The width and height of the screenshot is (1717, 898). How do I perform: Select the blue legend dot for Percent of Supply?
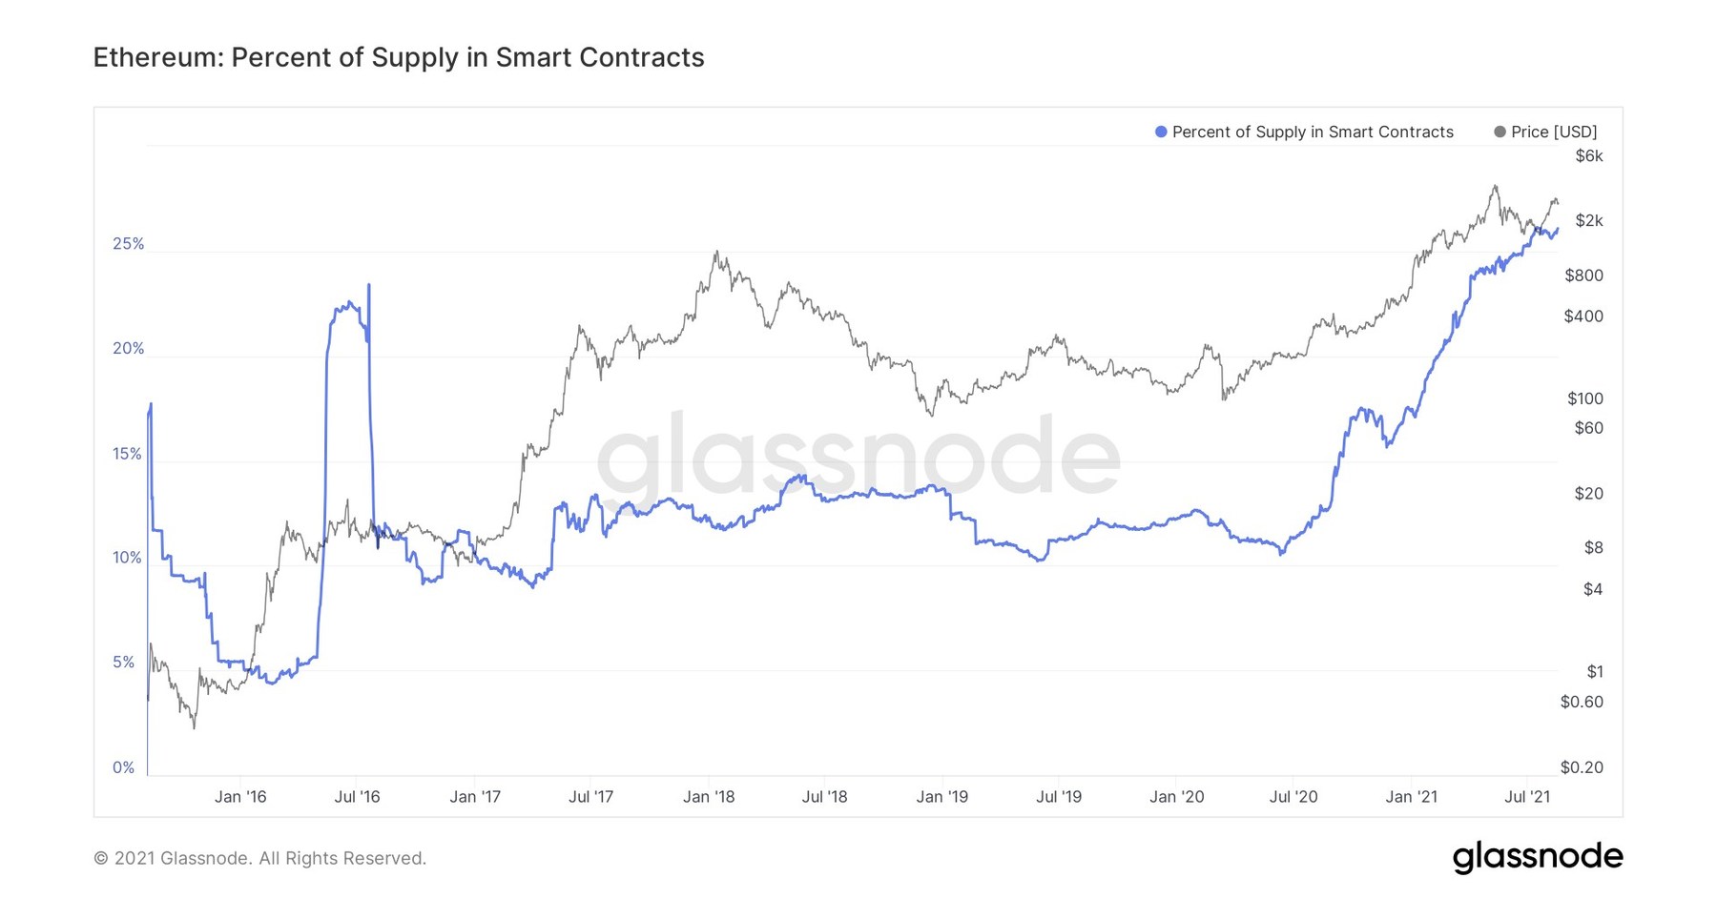[1161, 133]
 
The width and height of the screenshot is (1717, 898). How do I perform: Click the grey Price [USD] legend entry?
[1544, 133]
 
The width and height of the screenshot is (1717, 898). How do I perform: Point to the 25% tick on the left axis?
[128, 244]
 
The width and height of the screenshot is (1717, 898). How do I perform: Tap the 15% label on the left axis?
[127, 454]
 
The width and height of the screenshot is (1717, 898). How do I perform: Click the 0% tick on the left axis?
[124, 767]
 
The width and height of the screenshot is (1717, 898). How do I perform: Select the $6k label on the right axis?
[1588, 155]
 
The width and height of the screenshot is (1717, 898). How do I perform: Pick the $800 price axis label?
[1583, 276]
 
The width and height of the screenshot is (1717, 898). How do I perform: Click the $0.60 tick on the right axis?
[1581, 702]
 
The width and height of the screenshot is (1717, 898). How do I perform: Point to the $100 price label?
[1584, 398]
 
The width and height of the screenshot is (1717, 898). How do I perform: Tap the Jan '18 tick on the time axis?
[709, 797]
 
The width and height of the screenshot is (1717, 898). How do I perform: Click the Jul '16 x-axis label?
[357, 797]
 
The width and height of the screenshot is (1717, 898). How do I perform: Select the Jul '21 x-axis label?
[1527, 797]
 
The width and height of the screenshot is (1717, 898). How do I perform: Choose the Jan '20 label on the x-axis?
[1176, 797]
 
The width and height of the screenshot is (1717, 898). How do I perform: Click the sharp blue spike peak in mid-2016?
[369, 284]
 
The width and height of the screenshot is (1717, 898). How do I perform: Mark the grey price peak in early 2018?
[716, 253]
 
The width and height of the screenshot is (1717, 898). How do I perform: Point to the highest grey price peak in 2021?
[1495, 186]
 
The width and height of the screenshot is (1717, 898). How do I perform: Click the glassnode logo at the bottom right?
[1537, 856]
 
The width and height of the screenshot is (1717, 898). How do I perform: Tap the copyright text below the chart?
[259, 858]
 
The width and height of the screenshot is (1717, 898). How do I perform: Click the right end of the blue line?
[1558, 229]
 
